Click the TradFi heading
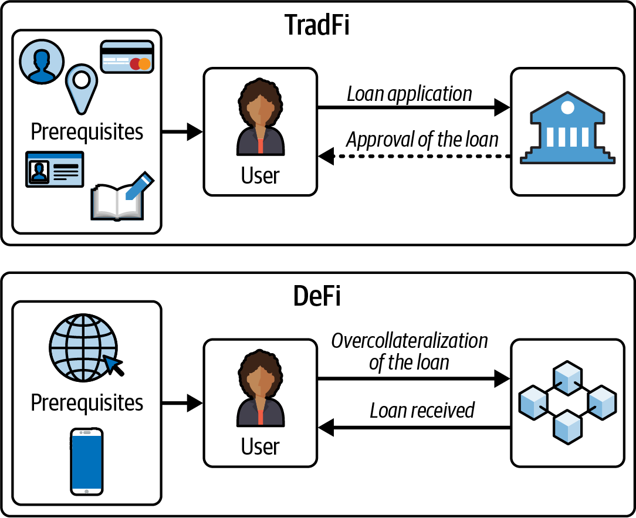click(x=317, y=25)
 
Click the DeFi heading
click(x=317, y=296)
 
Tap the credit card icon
click(x=127, y=57)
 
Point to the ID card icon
click(x=55, y=169)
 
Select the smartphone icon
click(x=87, y=461)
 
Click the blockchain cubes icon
click(x=567, y=402)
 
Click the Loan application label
click(x=410, y=94)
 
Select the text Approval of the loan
click(x=422, y=140)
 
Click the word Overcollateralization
click(x=410, y=341)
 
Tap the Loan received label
click(x=422, y=411)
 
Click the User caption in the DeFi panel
click(x=261, y=446)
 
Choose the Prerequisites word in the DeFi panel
click(x=87, y=403)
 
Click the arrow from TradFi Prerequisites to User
click(x=182, y=132)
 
